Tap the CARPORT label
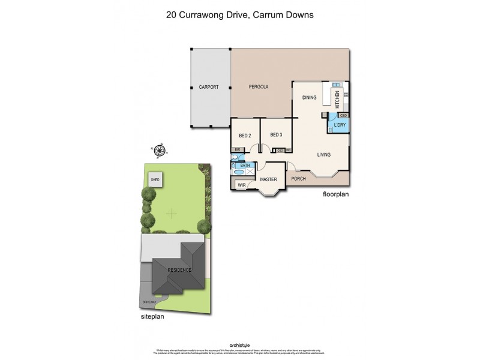[x=208, y=88]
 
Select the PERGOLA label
[x=259, y=88]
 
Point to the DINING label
[x=309, y=97]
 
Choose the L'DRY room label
[x=340, y=124]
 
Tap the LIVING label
[x=324, y=155]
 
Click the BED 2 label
[x=245, y=135]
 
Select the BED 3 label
[x=276, y=134]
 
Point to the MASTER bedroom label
[x=268, y=179]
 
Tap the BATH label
[x=244, y=165]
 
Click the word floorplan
[x=335, y=194]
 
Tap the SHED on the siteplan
[x=155, y=179]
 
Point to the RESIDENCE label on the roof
[x=179, y=270]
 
